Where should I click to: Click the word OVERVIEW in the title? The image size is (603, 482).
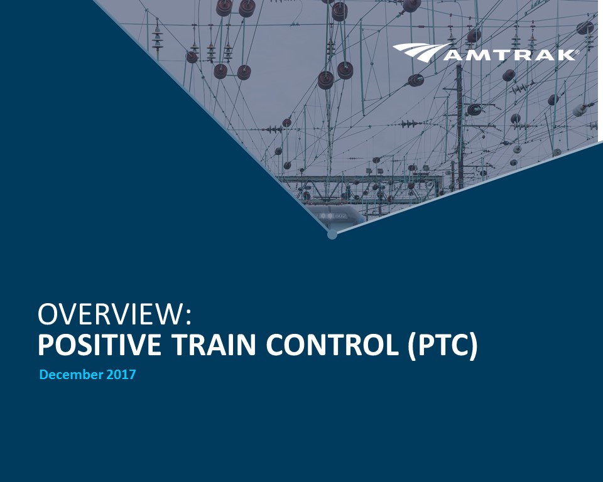coord(111,315)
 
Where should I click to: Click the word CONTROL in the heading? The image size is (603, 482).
coord(332,345)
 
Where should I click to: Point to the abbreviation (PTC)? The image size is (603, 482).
coord(443,346)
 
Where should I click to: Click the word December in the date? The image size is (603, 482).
coord(71,375)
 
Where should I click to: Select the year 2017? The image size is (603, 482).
coord(121,375)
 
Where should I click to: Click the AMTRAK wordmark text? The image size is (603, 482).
coord(509,55)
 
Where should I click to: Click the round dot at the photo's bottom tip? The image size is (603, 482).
coord(332,234)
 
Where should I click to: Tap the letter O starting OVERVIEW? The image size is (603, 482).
coord(48,315)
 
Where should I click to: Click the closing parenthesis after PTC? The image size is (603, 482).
coord(474,346)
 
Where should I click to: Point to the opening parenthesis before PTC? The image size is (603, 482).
coord(412,346)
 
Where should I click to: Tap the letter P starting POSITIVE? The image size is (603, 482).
coord(45,345)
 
